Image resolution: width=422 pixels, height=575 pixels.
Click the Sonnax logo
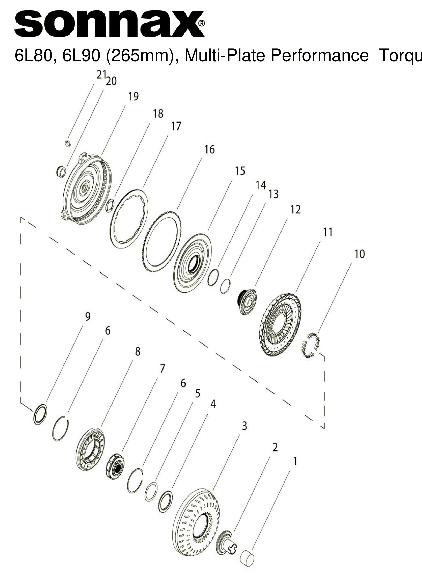tap(109, 24)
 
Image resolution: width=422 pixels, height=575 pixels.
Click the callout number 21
tap(101, 75)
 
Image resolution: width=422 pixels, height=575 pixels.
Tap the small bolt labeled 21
tap(68, 143)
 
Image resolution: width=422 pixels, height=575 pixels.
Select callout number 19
tap(133, 97)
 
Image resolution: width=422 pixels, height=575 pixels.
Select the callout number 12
tap(295, 210)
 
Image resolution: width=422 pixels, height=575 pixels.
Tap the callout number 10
tap(359, 254)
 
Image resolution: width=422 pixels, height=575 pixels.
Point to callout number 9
tap(88, 317)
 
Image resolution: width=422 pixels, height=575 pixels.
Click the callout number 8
tap(138, 352)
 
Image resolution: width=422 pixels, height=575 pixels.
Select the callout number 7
tap(162, 369)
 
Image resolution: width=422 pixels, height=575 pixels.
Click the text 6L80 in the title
tap(31, 56)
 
